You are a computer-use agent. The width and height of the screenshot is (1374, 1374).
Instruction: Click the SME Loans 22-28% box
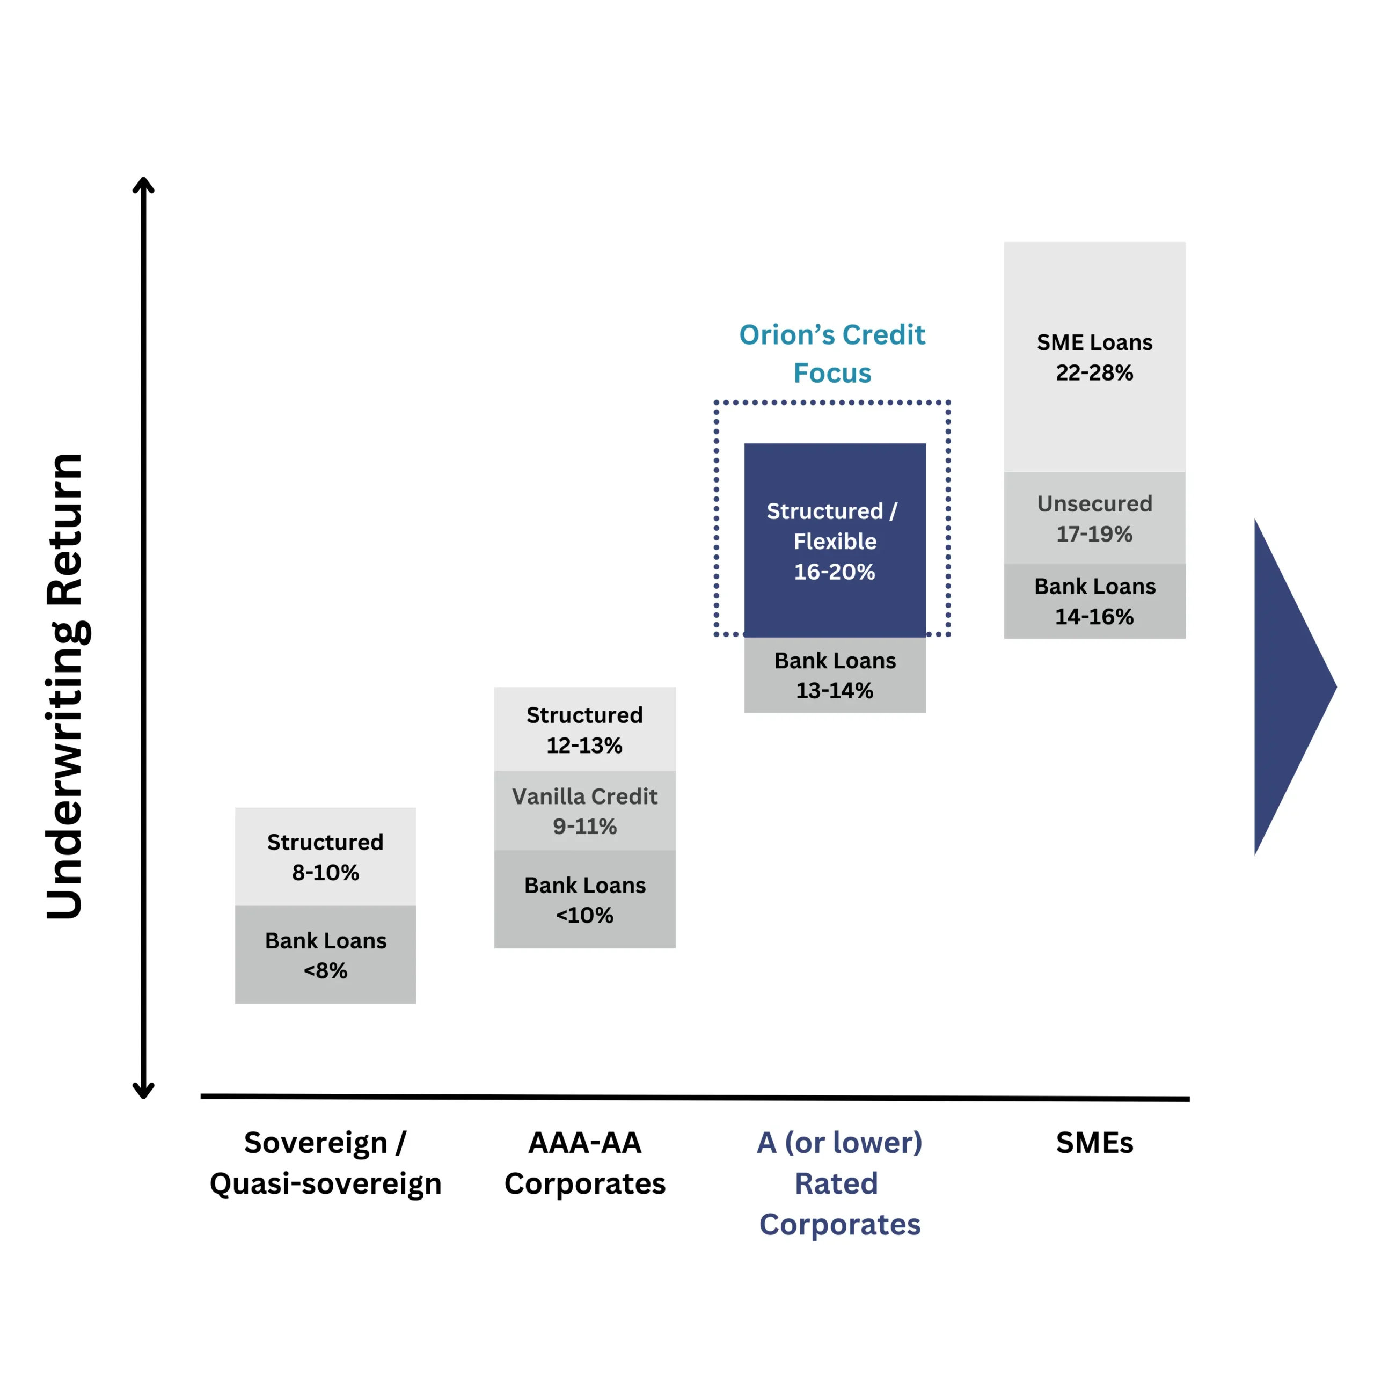click(x=1094, y=356)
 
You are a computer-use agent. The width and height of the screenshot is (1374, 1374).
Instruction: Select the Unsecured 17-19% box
click(x=1094, y=518)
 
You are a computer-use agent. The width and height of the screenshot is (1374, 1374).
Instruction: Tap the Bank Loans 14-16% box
click(x=1094, y=601)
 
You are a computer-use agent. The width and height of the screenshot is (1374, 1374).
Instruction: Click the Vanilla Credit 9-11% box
click(x=584, y=811)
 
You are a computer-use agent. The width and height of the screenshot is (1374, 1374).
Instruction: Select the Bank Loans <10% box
click(x=584, y=899)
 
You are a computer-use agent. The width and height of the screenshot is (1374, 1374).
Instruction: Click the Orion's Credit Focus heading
click(x=832, y=354)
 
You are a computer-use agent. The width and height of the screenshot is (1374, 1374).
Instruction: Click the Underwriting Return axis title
click(x=65, y=686)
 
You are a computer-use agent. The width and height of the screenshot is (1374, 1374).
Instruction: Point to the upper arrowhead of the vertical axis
click(x=143, y=186)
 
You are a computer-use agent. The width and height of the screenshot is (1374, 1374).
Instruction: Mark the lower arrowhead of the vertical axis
click(x=143, y=1090)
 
